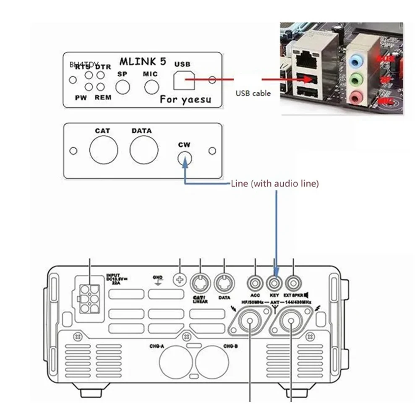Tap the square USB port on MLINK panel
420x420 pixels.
184,79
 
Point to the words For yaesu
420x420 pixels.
185,100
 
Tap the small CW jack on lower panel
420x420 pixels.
184,158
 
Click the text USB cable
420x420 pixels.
252,93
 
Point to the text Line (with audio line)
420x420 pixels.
275,183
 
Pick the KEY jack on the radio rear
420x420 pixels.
275,280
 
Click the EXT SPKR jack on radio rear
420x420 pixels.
293,280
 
